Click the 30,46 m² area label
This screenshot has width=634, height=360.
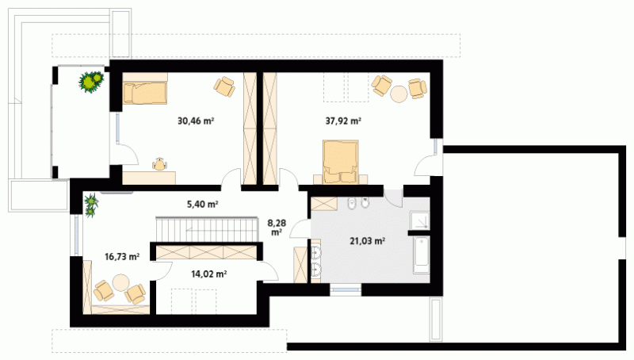[x=196, y=121]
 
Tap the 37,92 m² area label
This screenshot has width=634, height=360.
[x=343, y=121]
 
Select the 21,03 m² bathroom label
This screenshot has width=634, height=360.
[x=367, y=241]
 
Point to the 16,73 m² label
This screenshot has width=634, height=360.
[x=122, y=256]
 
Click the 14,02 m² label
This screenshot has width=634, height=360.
[x=208, y=274]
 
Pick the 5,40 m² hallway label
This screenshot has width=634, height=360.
[x=203, y=205]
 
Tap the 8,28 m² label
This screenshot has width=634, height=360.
[x=277, y=228]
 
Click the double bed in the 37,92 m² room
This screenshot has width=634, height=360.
[x=341, y=163]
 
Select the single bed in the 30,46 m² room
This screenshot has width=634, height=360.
[x=145, y=94]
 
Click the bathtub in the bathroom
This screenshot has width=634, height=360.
[x=422, y=255]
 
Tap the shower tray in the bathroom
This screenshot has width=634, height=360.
[x=420, y=220]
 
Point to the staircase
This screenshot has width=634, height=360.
[x=207, y=229]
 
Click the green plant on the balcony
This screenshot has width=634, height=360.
[x=91, y=82]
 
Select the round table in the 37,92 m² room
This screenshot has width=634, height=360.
[x=399, y=94]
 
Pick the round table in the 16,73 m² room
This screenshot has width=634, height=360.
[x=120, y=282]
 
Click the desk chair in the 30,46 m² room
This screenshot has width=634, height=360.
[x=159, y=163]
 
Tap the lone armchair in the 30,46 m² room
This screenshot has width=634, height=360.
[x=224, y=86]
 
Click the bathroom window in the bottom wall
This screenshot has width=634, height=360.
[x=345, y=289]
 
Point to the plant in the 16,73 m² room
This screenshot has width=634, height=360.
[x=91, y=205]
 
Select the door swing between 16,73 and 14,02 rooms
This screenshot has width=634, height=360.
[x=162, y=270]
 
